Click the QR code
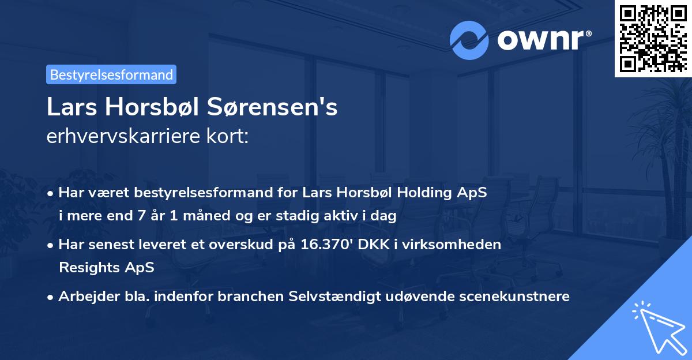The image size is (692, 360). coord(653,38)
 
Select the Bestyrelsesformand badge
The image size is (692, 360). coord(111,74)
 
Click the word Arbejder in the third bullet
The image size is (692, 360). coord(85,297)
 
